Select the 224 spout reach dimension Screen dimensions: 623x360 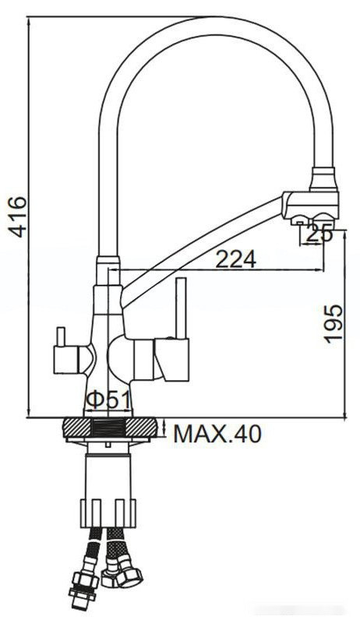pyautogui.click(x=235, y=259)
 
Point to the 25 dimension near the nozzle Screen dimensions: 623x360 pyautogui.click(x=319, y=231)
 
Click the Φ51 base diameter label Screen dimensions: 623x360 pyautogui.click(x=108, y=399)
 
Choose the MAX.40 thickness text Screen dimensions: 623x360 pyautogui.click(x=217, y=434)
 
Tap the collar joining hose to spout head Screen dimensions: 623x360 pyautogui.click(x=324, y=180)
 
